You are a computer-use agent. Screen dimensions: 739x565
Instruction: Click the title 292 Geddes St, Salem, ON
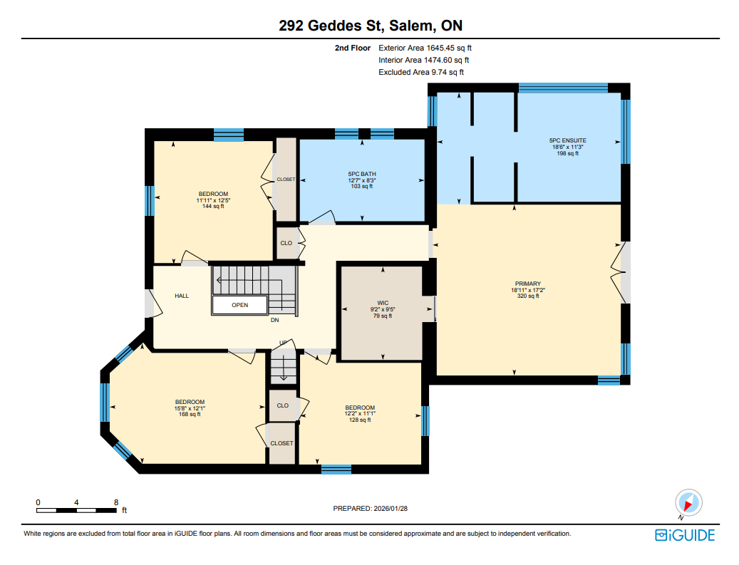[371, 26]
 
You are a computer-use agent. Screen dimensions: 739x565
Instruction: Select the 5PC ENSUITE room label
[567, 140]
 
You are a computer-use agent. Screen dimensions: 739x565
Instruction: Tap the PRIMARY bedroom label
[528, 284]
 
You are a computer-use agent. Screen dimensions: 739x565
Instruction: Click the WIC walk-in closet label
[383, 303]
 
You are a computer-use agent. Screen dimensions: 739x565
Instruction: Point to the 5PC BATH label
[362, 174]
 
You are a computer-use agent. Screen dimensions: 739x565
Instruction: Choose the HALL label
[182, 296]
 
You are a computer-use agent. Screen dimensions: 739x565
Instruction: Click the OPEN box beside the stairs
[240, 305]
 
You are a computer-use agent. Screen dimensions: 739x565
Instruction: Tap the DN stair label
[275, 320]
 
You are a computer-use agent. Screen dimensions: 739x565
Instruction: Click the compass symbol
[688, 503]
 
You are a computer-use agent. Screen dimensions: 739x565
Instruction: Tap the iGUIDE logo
[685, 535]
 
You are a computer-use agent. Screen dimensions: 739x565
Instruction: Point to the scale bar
[76, 510]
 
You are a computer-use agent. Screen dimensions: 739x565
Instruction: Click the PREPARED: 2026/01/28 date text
[371, 509]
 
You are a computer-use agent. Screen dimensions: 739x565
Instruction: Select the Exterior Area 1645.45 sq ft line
[425, 48]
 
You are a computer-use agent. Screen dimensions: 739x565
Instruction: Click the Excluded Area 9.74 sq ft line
[421, 72]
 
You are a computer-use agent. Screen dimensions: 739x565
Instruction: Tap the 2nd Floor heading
[353, 48]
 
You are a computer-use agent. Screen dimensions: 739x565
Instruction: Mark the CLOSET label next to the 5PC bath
[286, 180]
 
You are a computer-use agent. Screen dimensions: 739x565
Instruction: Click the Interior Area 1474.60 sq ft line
[424, 61]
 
